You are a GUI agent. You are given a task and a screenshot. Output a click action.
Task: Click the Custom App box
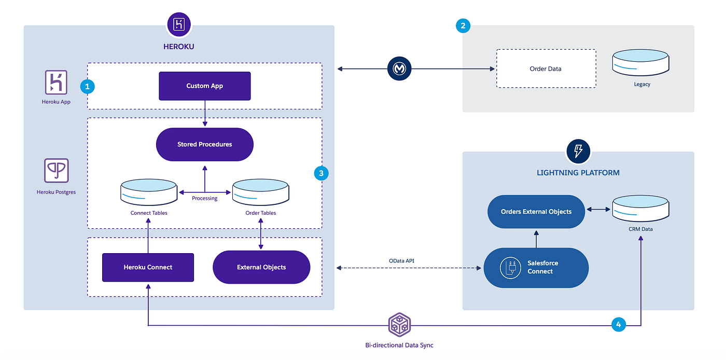[x=204, y=86]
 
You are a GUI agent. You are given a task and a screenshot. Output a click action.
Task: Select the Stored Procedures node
[x=204, y=144]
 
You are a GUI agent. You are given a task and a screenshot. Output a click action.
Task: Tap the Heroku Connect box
[x=148, y=267]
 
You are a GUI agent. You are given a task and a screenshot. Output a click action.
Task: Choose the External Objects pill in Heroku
[x=261, y=267]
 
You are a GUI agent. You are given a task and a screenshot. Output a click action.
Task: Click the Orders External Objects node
[x=536, y=212]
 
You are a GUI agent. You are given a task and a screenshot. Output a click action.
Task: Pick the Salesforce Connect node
[x=536, y=268]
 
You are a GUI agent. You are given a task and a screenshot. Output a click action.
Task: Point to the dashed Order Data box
[x=546, y=68]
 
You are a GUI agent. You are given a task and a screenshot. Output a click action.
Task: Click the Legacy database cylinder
[x=640, y=64]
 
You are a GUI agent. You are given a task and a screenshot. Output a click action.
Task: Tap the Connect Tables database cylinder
[x=149, y=192]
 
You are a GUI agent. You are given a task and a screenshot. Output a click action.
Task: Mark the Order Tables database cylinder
[x=260, y=192]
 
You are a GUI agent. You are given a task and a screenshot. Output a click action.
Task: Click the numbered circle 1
[x=87, y=86]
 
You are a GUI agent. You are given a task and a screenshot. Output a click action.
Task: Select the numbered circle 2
[x=463, y=25]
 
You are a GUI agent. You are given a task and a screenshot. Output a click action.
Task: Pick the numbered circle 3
[x=322, y=173]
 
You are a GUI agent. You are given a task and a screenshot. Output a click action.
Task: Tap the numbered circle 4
[x=618, y=325]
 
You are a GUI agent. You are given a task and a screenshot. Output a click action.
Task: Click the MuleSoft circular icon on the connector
[x=399, y=68]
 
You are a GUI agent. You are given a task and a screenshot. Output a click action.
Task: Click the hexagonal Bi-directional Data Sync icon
[x=399, y=325]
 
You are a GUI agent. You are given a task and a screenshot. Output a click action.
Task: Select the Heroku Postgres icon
[x=56, y=171]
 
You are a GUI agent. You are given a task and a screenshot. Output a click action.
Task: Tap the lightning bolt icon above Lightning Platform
[x=578, y=151]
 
